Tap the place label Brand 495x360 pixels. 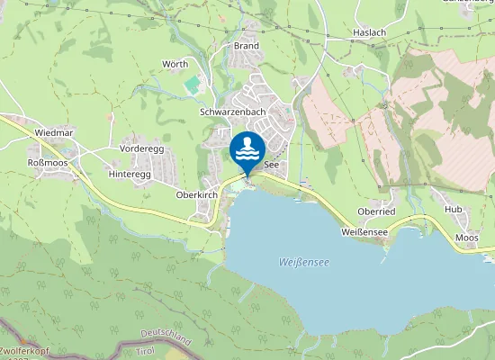[246, 46]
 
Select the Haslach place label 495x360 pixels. [369, 31]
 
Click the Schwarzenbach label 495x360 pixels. [232, 112]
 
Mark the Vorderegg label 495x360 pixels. [140, 148]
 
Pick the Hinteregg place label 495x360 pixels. [129, 173]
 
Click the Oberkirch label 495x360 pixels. [197, 193]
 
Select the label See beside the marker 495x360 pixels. [271, 166]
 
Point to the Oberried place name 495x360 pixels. [376, 211]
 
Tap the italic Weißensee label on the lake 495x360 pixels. [303, 263]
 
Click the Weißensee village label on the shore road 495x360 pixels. [364, 231]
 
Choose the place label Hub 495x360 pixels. [453, 209]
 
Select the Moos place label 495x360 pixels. [466, 238]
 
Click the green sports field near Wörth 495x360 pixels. [193, 85]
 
